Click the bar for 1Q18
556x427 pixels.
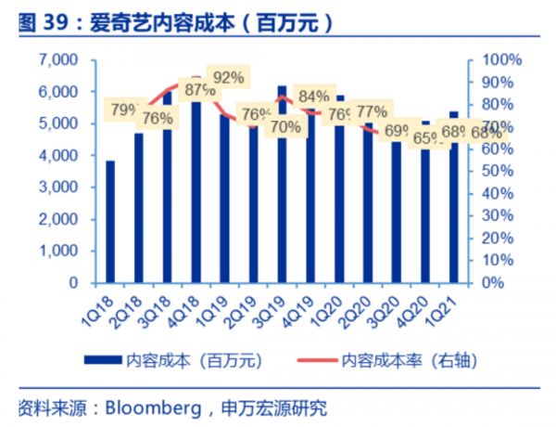[x=110, y=222]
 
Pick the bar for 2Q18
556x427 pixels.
[x=139, y=208]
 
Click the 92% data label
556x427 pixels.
[x=228, y=77]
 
